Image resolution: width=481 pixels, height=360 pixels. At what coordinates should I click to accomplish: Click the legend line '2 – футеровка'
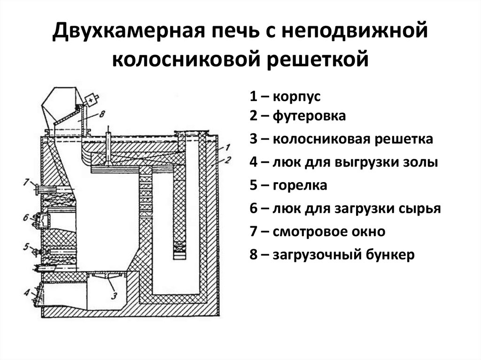297,116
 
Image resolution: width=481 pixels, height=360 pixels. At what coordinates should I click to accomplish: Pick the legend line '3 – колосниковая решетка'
341,139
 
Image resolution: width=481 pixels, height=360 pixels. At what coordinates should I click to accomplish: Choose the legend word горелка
299,185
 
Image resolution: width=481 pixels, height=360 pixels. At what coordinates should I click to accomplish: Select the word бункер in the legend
391,255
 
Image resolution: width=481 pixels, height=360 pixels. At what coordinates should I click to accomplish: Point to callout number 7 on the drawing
27,181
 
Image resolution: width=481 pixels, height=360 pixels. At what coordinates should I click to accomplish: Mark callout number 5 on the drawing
27,246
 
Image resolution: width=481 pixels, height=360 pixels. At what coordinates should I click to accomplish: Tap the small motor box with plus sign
90,99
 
